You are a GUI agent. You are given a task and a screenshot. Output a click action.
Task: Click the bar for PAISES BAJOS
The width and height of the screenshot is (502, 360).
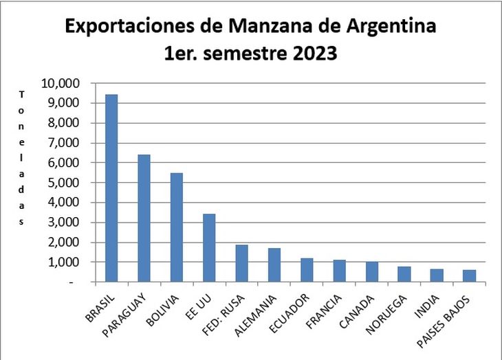[470, 275]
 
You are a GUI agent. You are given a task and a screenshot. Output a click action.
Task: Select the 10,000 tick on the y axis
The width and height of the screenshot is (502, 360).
[61, 83]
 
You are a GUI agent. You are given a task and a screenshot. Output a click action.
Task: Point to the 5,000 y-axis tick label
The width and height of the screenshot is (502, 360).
[64, 183]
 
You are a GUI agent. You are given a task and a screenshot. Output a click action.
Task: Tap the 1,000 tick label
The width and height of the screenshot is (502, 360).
[64, 262]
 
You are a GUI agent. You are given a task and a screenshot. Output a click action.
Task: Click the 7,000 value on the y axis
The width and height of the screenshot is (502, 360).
[64, 143]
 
